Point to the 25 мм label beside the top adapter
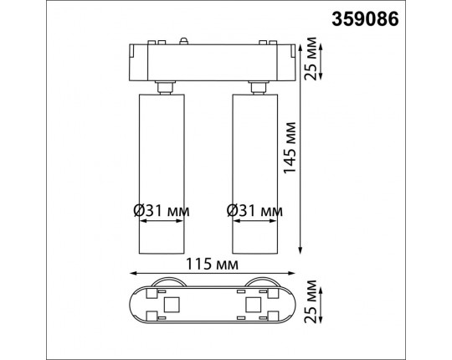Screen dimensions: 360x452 (x=311, y=59)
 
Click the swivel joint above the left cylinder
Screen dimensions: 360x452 (x=162, y=86)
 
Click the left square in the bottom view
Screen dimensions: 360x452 (x=173, y=303)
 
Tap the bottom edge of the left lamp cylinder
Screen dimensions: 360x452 (x=162, y=253)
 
